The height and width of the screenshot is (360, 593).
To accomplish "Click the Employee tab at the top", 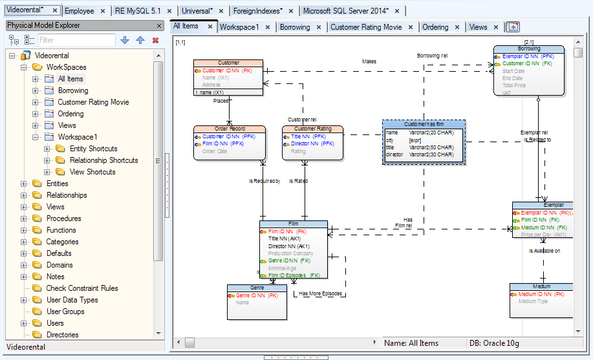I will point(80,11).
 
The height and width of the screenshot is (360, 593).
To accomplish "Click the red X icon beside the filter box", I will point(155,40).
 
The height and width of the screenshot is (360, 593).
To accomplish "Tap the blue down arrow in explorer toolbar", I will point(125,40).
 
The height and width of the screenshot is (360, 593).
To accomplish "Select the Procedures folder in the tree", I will point(64,218).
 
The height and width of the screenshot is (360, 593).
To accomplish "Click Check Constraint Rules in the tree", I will point(82,288).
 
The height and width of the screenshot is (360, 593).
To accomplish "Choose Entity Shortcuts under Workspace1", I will point(94,149).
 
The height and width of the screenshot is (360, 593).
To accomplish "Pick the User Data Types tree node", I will point(72,300).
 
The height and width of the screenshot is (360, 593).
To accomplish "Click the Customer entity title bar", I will point(228,63).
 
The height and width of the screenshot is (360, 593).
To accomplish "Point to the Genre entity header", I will point(257,288).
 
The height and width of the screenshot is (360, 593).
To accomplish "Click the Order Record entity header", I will point(229,129).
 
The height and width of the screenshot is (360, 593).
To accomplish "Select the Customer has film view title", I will point(424,124).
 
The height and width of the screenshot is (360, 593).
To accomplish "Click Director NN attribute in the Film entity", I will point(288,246).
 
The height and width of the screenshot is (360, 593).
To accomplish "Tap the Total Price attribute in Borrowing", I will point(514,85).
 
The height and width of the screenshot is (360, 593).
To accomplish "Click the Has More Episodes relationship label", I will point(321,293).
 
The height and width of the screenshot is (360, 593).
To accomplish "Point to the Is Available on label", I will point(544,251).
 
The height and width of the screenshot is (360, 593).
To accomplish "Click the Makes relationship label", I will point(369,62).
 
